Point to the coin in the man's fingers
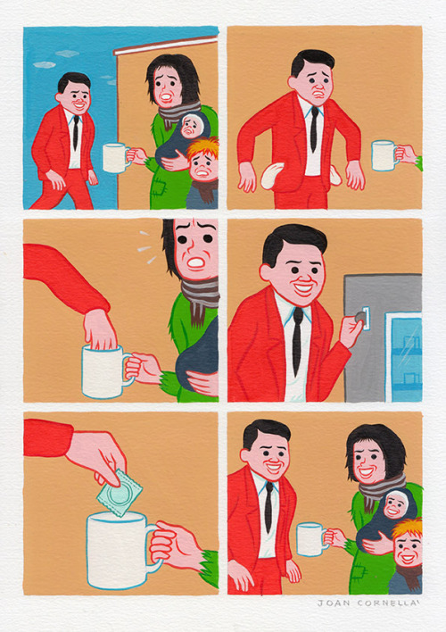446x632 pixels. (x=359, y=315)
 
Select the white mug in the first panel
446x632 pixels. (x=115, y=157)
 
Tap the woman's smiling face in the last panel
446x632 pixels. (x=368, y=462)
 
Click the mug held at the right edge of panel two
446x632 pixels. (x=384, y=155)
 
